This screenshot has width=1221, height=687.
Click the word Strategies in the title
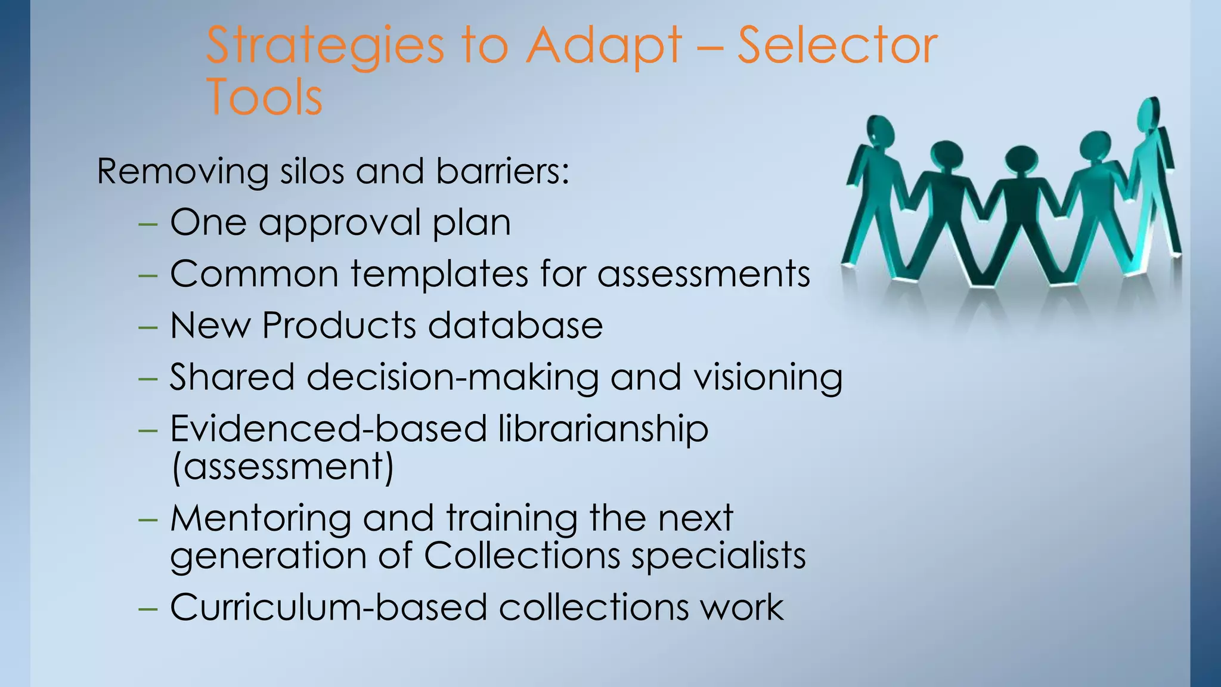pyautogui.click(x=325, y=47)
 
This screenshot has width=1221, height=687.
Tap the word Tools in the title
pyautogui.click(x=264, y=97)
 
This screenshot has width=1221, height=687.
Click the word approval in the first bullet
pyautogui.click(x=340, y=224)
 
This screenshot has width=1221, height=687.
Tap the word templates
pyautogui.click(x=439, y=274)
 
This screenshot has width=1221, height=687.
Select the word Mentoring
pyautogui.click(x=261, y=519)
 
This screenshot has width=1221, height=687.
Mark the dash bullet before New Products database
pyautogui.click(x=147, y=327)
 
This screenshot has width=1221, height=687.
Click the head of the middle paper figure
pyautogui.click(x=1022, y=159)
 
